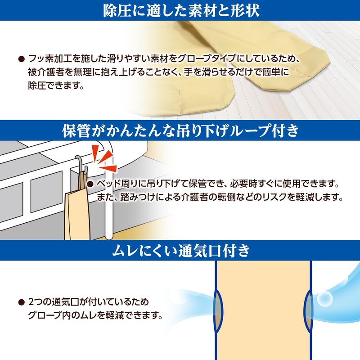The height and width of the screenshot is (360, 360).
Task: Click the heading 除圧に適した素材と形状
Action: pyautogui.click(x=180, y=10)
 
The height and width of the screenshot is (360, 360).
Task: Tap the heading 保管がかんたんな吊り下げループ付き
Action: pyautogui.click(x=180, y=130)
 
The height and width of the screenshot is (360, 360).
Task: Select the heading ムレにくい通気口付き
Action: pyautogui.click(x=180, y=251)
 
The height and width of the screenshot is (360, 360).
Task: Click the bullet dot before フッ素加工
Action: pyautogui.click(x=21, y=59)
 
